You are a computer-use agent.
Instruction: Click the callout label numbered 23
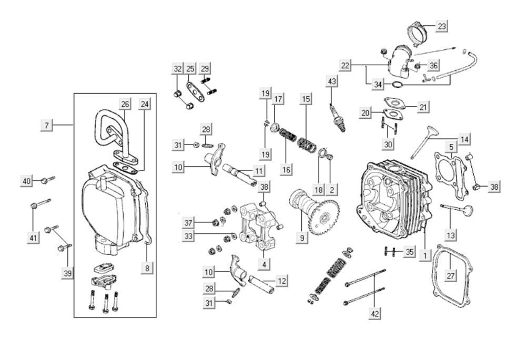[x=442, y=26]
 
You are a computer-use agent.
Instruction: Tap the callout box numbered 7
[x=47, y=126]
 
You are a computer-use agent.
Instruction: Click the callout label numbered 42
[x=375, y=314]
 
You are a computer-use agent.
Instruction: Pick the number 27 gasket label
[x=450, y=276]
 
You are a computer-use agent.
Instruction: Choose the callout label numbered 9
[x=302, y=238]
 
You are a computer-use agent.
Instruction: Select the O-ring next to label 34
[x=397, y=85]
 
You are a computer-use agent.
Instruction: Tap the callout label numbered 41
[x=33, y=238]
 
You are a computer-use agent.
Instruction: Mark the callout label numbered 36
[x=433, y=65]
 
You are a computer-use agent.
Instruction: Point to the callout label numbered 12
[x=281, y=281]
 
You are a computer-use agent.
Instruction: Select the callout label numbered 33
[x=188, y=236]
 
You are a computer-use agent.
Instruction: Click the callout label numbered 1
[x=426, y=256]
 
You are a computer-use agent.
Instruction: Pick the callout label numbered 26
[x=125, y=104]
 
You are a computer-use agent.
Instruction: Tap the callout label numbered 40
[x=26, y=181]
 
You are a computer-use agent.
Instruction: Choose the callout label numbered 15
[x=305, y=99]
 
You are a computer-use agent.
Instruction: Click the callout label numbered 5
[x=451, y=147]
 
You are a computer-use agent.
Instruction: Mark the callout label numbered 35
[x=409, y=252]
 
